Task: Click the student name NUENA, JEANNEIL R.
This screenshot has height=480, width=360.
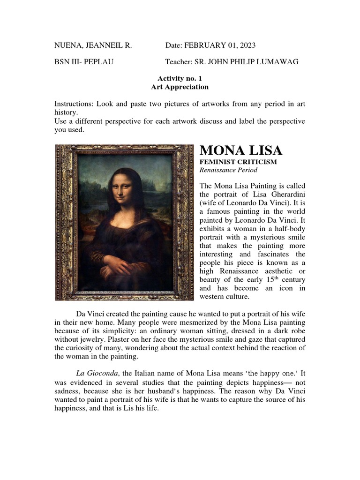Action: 93,45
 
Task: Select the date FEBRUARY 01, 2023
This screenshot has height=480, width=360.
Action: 220,45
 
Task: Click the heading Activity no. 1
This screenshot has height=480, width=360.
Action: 180,79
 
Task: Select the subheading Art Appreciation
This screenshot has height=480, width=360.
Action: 180,87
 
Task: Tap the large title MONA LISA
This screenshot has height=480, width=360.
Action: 241,150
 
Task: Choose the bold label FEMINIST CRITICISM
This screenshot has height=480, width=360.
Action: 238,162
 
